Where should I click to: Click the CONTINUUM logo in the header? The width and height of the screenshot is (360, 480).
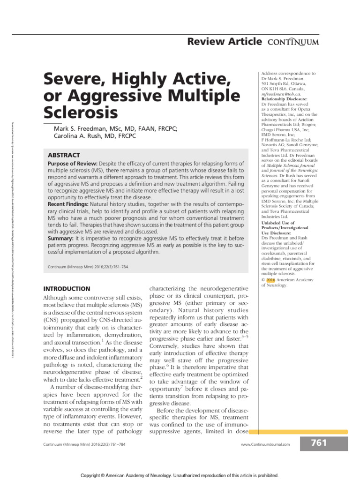[x=293, y=42]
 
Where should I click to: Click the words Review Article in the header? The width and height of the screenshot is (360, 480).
[x=225, y=42]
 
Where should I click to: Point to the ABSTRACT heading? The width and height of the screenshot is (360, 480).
[x=64, y=155]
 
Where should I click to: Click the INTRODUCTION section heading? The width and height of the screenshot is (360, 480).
[x=67, y=289]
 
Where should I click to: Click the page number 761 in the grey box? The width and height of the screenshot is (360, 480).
[x=318, y=443]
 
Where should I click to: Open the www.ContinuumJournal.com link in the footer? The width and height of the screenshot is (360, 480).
[x=265, y=444]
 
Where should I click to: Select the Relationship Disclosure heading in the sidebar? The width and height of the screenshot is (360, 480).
[x=285, y=99]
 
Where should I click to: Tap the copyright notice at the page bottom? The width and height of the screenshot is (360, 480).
[x=180, y=474]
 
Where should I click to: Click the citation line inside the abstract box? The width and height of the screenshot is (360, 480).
[x=89, y=267]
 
